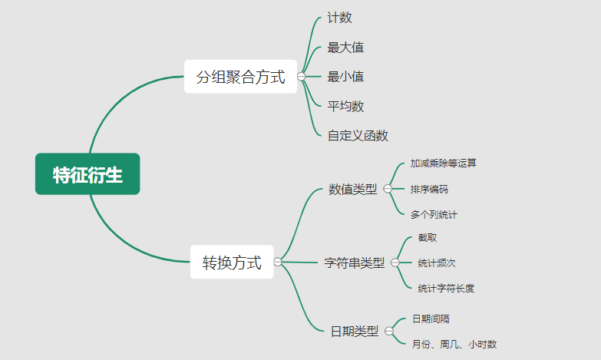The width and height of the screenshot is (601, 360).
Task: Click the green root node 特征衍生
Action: [88, 174]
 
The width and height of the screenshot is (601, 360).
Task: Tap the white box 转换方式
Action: [232, 263]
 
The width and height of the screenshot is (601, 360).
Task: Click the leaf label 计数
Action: [339, 18]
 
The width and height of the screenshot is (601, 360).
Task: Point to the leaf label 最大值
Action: [345, 48]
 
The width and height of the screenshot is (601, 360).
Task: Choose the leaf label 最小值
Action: [345, 77]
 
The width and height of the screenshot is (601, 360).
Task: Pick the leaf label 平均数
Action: [345, 106]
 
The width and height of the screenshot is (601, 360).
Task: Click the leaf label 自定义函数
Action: [358, 136]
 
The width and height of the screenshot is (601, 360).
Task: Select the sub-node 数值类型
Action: [353, 189]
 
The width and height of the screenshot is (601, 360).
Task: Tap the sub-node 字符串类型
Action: [355, 263]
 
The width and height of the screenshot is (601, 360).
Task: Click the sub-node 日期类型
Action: [355, 332]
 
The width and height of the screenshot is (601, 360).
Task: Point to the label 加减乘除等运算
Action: [443, 163]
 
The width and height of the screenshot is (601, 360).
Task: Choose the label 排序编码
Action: [429, 189]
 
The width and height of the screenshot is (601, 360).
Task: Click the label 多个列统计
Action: [434, 214]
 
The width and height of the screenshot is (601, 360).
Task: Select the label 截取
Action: [428, 238]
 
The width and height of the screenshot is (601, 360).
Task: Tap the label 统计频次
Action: [437, 263]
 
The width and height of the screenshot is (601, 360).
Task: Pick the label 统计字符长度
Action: [446, 289]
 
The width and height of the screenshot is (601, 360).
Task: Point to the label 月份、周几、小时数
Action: [454, 345]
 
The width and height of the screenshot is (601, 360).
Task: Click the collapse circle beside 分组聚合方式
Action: [301, 77]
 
